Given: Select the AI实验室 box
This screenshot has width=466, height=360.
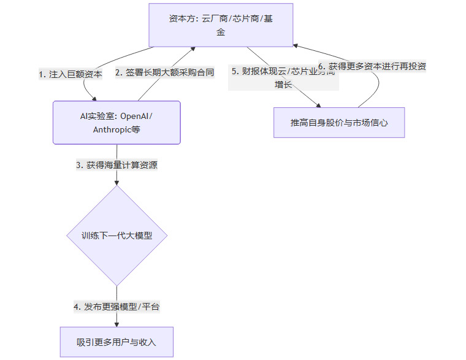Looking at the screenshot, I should click(x=116, y=123).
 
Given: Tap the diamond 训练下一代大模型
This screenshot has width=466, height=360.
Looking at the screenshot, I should click(x=116, y=236).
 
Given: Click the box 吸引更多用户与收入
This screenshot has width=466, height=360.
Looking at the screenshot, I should click(x=116, y=342).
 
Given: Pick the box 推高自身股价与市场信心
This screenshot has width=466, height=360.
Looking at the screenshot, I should click(x=338, y=123).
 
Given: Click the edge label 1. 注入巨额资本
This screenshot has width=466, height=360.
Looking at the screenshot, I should click(x=70, y=74).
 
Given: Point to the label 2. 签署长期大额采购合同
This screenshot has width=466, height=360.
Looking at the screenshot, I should click(x=164, y=72).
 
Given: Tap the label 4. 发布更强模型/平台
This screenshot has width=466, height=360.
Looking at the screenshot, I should click(x=116, y=307).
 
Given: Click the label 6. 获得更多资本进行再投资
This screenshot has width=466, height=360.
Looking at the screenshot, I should click(x=372, y=66).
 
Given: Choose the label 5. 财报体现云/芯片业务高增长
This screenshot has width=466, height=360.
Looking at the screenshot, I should click(x=283, y=77).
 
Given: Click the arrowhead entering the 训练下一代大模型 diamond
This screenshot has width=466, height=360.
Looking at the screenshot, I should click(x=116, y=182).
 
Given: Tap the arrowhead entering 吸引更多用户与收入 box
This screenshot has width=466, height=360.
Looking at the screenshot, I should click(x=116, y=323).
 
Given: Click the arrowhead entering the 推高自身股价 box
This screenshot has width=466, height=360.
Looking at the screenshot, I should click(x=319, y=105).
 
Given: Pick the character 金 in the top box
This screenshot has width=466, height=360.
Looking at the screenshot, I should click(x=221, y=32).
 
